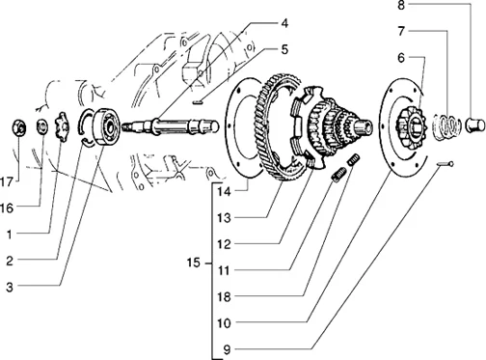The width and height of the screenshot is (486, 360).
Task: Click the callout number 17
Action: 7,182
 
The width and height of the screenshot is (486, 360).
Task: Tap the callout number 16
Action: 7,208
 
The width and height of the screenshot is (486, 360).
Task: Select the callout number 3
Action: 10,287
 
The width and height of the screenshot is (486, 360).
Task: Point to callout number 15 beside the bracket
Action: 194,263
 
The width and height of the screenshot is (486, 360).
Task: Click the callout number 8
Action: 401,5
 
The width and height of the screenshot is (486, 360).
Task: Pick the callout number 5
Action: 284,50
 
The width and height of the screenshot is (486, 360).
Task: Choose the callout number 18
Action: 224,296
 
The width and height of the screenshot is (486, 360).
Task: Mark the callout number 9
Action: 227,349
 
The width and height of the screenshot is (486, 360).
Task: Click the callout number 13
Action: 224,218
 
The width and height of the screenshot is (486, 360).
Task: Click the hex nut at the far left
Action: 19,128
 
